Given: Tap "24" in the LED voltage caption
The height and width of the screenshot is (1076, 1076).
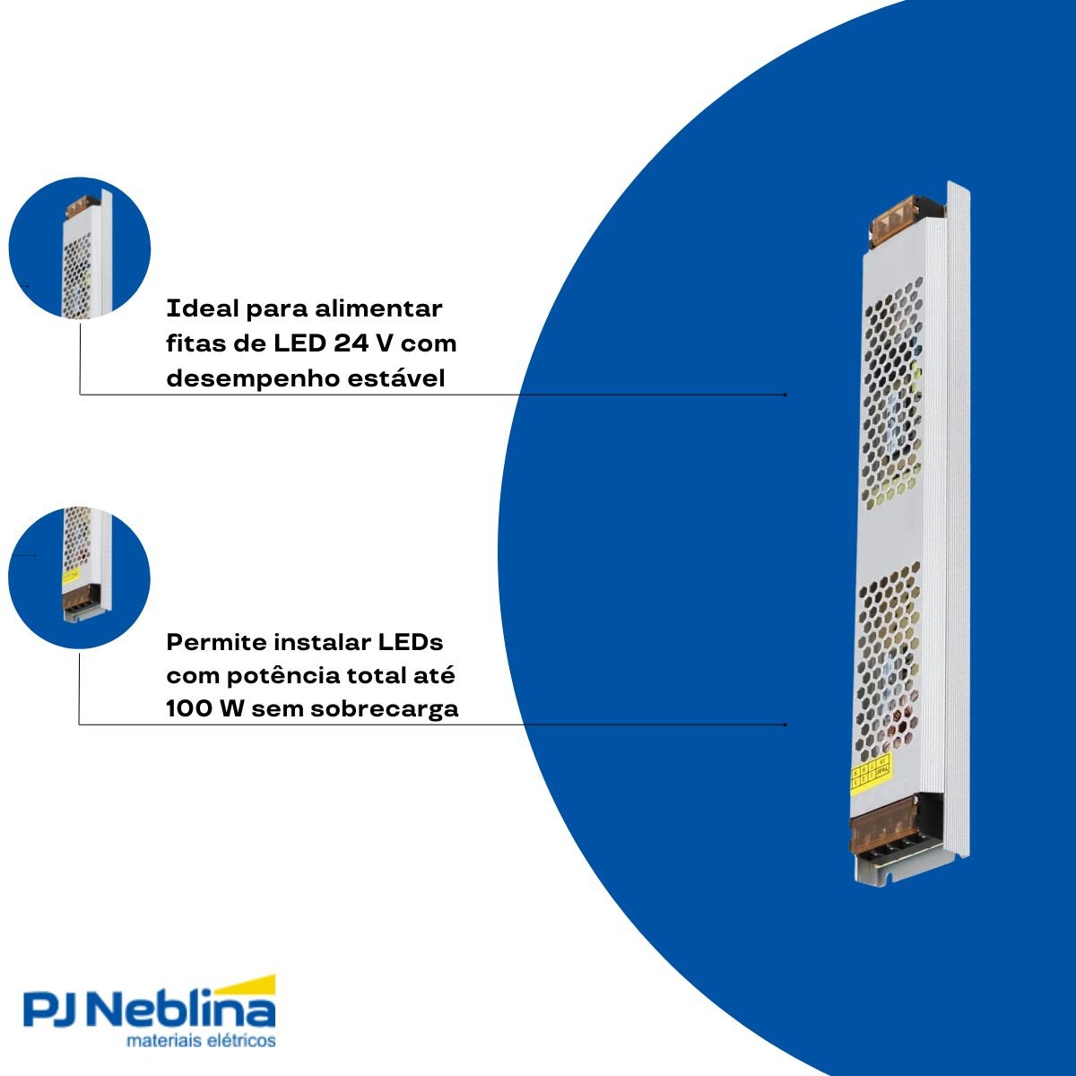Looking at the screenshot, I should (351, 343).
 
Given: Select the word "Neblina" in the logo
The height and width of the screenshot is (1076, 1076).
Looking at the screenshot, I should (184, 1010).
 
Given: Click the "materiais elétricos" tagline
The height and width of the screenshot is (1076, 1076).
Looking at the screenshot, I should (201, 1041).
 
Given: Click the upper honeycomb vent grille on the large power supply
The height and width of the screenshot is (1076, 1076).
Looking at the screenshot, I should (893, 395).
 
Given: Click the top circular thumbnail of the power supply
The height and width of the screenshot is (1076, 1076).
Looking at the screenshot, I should (80, 247).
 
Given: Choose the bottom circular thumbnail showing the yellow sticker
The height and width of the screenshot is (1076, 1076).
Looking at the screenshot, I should (80, 578).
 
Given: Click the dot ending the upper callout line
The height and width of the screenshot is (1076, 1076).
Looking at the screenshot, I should (785, 394).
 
